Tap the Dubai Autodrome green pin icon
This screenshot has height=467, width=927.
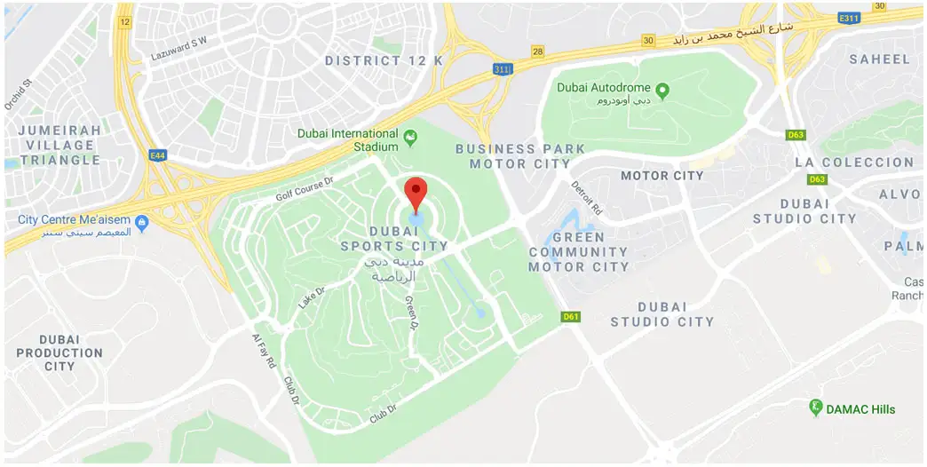(662, 89)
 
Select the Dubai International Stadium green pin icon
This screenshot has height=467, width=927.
(410, 138)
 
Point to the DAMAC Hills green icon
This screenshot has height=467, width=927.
(816, 408)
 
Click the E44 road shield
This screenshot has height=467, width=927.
(158, 155)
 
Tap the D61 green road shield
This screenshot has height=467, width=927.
(570, 316)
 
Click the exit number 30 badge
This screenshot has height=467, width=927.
(649, 40)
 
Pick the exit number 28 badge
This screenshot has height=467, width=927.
(537, 51)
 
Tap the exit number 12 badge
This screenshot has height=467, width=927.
(123, 20)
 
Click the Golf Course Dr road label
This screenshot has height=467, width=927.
(304, 182)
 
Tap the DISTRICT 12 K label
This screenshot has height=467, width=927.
(384, 60)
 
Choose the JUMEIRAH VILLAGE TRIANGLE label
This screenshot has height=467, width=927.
(60, 145)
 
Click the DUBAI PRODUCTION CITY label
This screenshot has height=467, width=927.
(59, 352)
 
